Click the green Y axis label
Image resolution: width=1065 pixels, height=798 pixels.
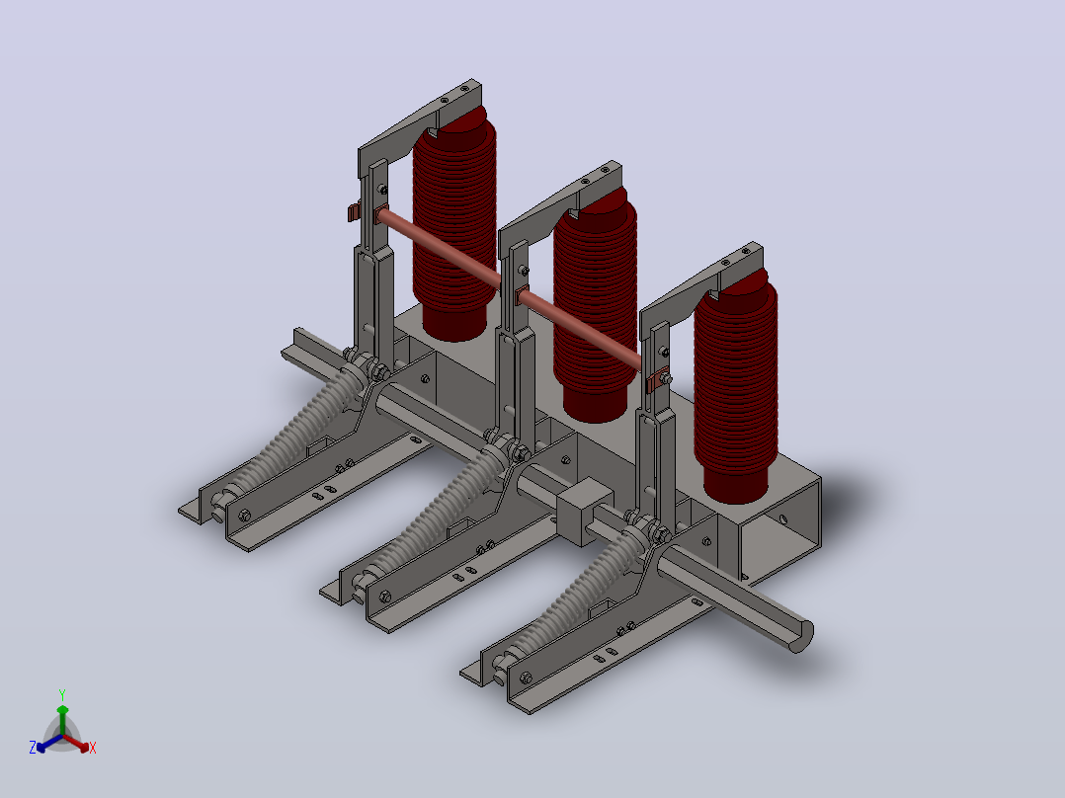click(x=62, y=694)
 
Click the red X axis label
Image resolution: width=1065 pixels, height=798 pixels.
click(x=93, y=748)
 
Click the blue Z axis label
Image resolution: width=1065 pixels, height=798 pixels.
click(x=32, y=747)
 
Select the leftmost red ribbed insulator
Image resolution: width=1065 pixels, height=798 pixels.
click(x=453, y=223)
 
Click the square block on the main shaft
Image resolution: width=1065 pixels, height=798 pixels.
click(x=584, y=511)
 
